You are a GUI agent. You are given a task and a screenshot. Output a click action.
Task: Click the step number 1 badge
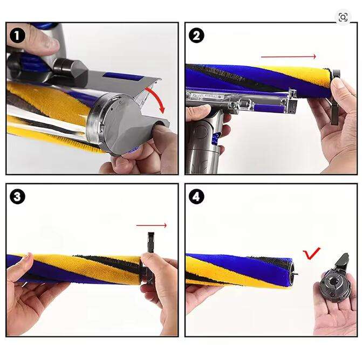click(x=17, y=36)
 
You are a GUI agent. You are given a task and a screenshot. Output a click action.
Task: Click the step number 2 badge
click(x=196, y=36)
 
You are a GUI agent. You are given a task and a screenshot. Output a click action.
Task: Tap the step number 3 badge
click(x=17, y=197)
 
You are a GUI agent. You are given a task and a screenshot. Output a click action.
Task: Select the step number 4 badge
click(x=196, y=197)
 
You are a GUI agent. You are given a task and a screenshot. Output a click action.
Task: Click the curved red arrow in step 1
click(x=158, y=97)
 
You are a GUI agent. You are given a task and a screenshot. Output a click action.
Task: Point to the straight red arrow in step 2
click(x=288, y=57)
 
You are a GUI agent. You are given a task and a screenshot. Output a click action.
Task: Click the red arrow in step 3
click(x=152, y=225)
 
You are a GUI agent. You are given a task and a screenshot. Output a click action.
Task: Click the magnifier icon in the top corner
click(x=343, y=17)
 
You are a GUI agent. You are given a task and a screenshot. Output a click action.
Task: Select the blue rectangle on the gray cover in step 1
click(x=120, y=77)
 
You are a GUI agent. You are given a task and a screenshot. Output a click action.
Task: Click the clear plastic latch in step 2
click(x=247, y=102)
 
